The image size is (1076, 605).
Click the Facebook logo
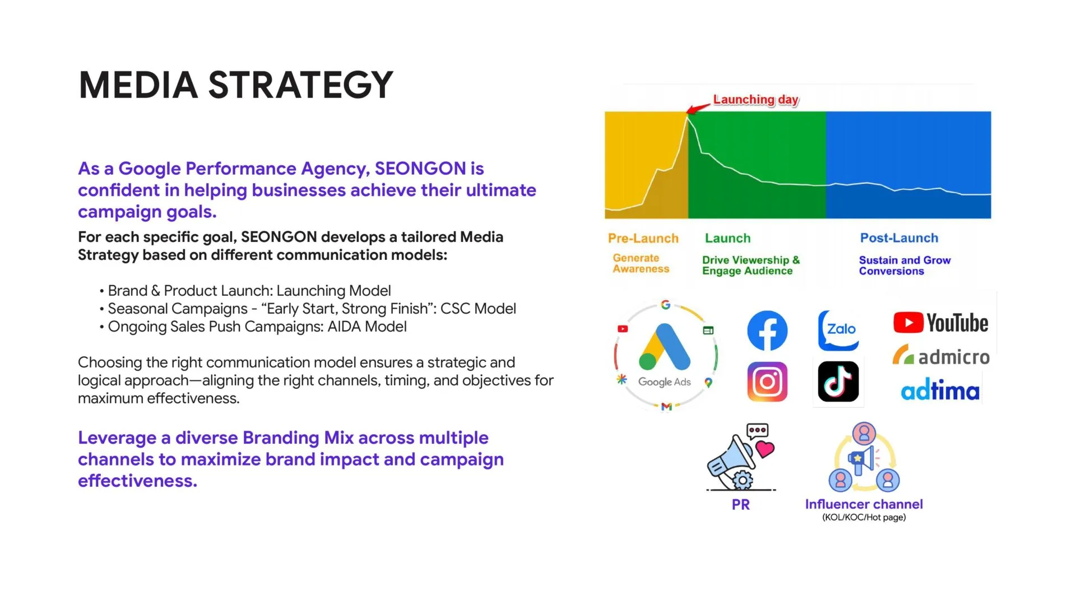coord(767,331)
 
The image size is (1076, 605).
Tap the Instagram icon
coord(767,381)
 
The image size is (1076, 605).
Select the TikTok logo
coord(838,381)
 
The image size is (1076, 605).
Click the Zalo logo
coord(838,330)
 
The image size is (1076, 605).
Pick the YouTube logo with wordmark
coord(940,323)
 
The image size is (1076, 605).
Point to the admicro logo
coord(941,356)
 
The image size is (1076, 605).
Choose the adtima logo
coord(940,390)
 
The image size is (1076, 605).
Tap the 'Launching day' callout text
coord(756,100)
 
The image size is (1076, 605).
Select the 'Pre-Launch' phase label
coord(643,238)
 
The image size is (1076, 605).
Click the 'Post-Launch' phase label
coord(899,238)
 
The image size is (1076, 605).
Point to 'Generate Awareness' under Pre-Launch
coord(641,263)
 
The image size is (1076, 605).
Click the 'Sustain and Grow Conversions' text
coord(905,266)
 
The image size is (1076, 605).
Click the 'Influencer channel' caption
coord(864,504)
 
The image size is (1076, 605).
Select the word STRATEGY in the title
coord(300,85)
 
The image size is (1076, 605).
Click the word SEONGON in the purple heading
coord(420,169)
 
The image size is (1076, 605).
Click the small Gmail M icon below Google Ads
coord(666,407)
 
